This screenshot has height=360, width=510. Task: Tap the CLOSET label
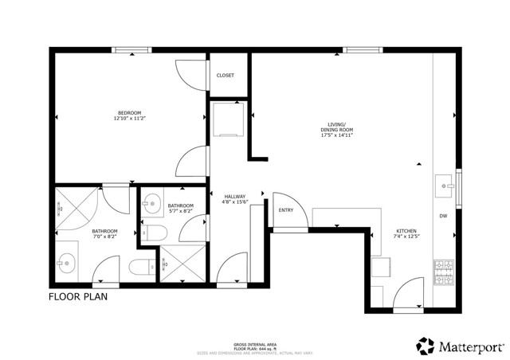pos(226,76)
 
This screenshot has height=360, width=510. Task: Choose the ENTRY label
pos(284,210)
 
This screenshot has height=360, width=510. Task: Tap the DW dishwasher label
pos(443,217)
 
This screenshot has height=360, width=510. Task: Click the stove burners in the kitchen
pos(443,273)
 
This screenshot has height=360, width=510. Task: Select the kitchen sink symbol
pos(443,186)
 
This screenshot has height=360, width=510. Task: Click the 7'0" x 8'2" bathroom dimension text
pos(104,237)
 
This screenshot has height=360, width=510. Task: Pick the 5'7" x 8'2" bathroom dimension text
pos(180,212)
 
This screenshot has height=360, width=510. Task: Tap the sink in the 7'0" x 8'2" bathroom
pos(66,260)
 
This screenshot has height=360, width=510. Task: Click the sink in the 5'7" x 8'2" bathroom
pos(151,206)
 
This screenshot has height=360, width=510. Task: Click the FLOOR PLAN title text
pos(77,297)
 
